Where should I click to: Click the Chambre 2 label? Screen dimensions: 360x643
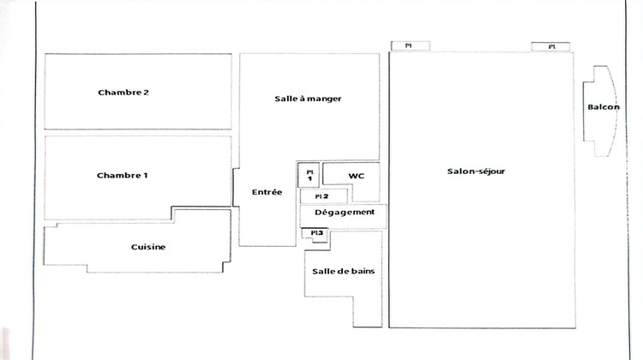[124, 92]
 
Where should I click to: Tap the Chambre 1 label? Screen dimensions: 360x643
[123, 175]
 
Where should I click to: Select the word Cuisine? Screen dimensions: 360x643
[148, 247]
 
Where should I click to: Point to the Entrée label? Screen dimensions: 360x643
[267, 192]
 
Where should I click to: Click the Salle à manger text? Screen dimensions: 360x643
[308, 99]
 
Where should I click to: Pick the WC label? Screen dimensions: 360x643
[356, 175]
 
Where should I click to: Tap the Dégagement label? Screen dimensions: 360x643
[344, 212]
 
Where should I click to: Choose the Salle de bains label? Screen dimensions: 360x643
[343, 271]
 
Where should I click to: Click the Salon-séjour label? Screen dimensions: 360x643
[476, 171]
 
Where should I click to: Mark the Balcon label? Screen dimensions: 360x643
[604, 107]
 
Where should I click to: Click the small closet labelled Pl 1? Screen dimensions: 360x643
[309, 174]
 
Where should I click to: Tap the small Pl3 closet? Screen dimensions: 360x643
[315, 232]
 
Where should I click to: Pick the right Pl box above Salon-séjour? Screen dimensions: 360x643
[551, 46]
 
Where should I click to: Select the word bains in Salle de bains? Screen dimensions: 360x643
[361, 271]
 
